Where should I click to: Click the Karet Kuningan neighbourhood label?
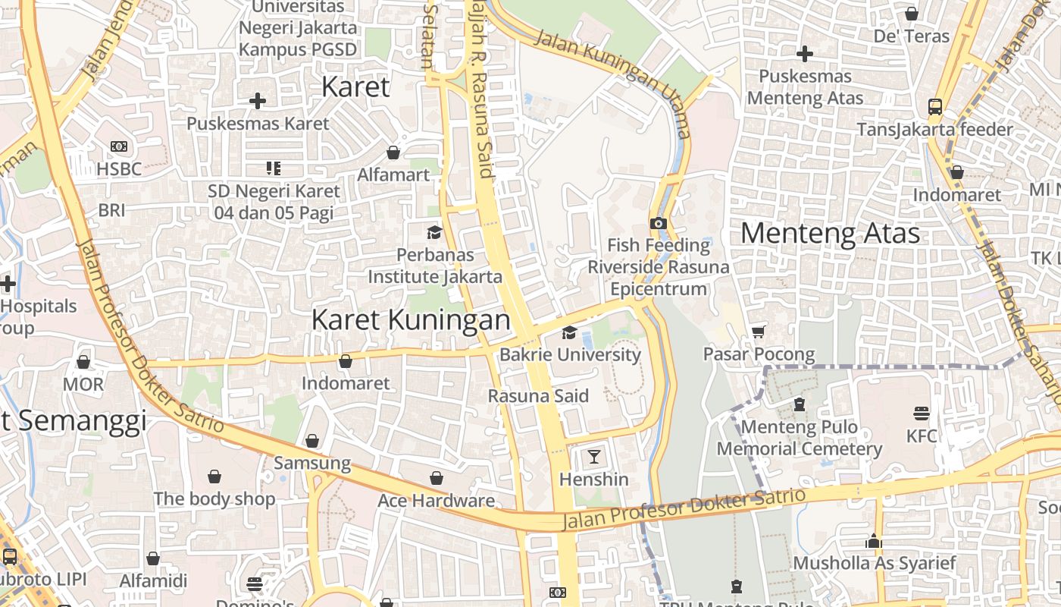[411, 319]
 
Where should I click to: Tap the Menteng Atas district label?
[830, 233]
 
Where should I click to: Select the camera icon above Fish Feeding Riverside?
[659, 223]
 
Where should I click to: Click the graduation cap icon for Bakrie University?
[569, 332]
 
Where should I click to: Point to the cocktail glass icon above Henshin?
[594, 456]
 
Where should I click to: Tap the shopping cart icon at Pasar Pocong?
[759, 332]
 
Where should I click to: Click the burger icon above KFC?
[922, 413]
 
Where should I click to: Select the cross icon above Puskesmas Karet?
[258, 100]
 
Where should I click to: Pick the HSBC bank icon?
[119, 146]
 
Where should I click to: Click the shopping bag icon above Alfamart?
[393, 153]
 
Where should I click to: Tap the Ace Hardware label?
[436, 501]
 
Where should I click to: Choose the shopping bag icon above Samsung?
[312, 441]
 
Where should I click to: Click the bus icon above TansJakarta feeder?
[935, 107]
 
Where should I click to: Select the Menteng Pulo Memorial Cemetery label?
[800, 438]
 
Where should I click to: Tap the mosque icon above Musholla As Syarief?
[874, 542]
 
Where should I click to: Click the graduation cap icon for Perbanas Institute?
[434, 232]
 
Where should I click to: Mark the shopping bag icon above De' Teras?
[912, 14]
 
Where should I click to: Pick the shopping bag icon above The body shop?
[214, 476]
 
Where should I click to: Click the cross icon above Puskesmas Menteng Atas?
[805, 54]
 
